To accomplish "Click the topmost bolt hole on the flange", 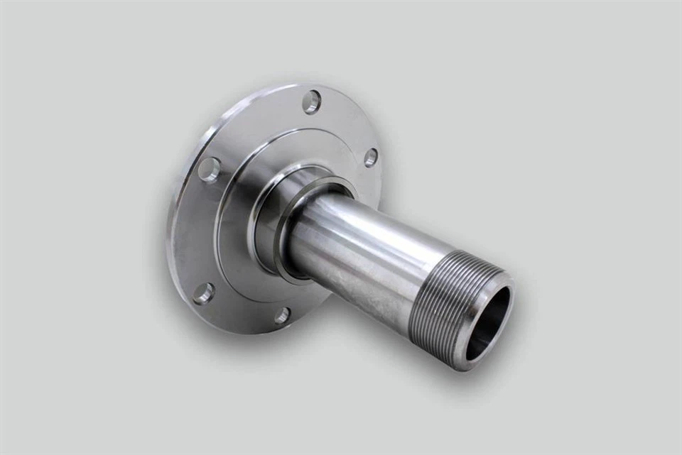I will [311, 102].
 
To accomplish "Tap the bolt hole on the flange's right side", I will [370, 158].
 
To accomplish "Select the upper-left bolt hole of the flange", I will [209, 170].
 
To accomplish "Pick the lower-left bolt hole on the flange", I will [203, 293].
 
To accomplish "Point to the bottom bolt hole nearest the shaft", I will [282, 315].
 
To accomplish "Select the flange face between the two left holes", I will [195, 231].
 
